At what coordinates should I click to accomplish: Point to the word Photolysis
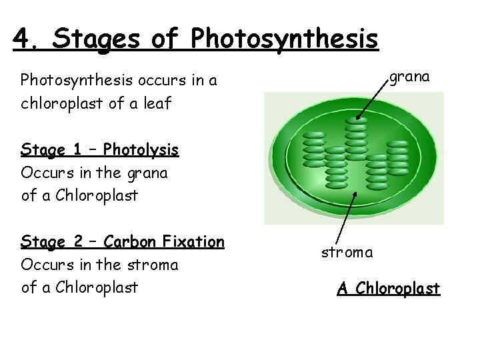(x=141, y=149)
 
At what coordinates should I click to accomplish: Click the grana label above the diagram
(x=409, y=77)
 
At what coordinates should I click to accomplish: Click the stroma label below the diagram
(x=347, y=253)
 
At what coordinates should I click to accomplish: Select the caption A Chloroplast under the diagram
(x=388, y=288)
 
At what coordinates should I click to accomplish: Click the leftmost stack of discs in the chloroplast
(x=313, y=149)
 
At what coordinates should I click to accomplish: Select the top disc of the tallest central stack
(x=356, y=123)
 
